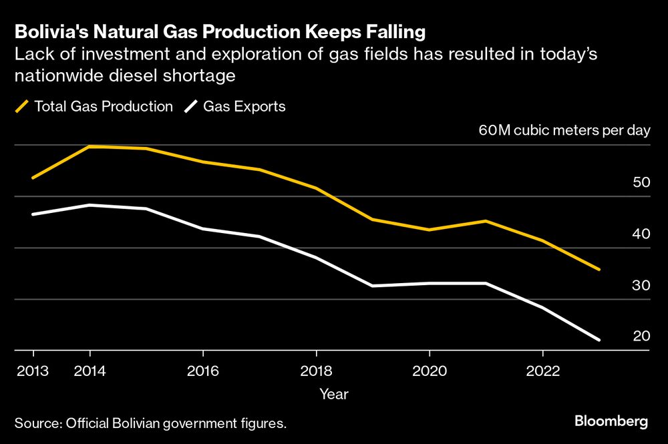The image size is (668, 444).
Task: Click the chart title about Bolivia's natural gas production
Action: (221, 31)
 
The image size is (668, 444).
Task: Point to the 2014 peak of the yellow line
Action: (90, 146)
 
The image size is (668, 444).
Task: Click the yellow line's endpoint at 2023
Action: (599, 270)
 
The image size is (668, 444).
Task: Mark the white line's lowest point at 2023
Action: (599, 340)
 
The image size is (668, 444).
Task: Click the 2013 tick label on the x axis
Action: (33, 371)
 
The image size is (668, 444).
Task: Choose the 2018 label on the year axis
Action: (316, 371)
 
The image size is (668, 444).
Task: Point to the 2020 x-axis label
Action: (430, 371)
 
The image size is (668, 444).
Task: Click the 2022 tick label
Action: (542, 371)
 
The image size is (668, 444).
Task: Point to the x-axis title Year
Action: (333, 395)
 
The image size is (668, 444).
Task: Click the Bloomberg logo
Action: (611, 421)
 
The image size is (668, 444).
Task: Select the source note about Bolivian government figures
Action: (150, 423)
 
